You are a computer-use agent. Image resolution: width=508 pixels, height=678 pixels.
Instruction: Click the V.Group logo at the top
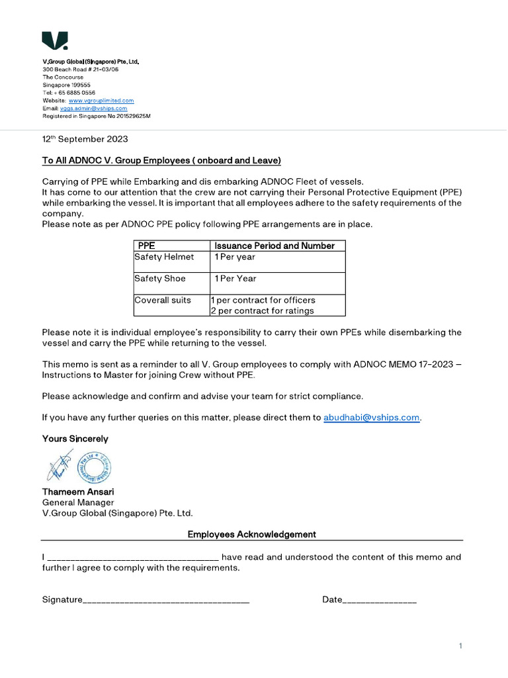54,41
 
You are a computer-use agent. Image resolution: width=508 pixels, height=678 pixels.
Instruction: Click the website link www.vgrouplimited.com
101,101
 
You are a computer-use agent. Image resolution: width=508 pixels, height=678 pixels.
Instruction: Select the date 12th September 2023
85,139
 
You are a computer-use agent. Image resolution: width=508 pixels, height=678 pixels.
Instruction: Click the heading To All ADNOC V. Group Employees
161,160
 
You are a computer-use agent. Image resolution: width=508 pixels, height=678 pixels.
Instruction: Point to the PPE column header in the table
146,246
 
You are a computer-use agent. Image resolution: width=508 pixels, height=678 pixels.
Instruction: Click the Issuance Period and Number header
275,246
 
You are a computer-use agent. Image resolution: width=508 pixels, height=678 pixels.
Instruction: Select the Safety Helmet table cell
165,257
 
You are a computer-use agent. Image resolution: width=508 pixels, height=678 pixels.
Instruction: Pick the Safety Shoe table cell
160,279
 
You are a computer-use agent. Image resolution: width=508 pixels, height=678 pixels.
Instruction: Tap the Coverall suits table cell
163,300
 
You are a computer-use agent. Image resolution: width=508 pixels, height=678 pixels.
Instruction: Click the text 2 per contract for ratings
263,311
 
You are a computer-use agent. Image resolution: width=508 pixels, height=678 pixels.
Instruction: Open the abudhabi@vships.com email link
371,417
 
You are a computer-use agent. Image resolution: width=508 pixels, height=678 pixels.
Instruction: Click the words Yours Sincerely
75,438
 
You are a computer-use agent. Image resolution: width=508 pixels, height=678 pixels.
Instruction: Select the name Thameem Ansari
78,492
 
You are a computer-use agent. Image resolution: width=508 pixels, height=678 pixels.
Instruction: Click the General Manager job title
78,503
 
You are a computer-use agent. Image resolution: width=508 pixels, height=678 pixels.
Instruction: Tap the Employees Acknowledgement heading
251,534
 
